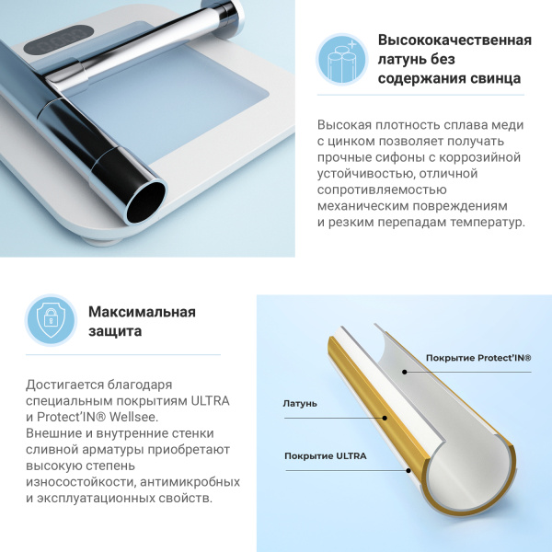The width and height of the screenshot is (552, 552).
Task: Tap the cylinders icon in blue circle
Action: point(342,60)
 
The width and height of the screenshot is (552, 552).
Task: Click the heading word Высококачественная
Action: point(455,40)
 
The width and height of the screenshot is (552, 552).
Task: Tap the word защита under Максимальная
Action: point(115,330)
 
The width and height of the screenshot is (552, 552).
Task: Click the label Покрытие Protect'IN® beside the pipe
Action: point(478,358)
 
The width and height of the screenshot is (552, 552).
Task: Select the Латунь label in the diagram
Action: point(300,403)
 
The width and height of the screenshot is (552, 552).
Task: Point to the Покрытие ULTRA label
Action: point(326,456)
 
